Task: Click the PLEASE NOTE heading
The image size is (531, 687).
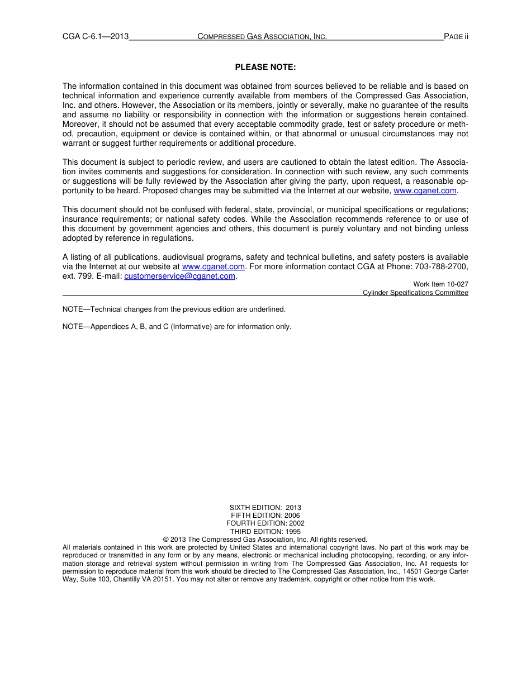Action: [265, 67]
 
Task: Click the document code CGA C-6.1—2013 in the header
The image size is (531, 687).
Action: [96, 37]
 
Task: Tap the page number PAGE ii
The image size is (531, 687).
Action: [456, 37]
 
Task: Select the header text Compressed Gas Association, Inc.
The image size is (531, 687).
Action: [262, 37]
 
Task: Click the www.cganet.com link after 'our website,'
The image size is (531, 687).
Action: [425, 190]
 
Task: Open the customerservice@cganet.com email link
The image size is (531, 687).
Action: [179, 276]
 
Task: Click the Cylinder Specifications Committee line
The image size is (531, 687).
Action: [415, 293]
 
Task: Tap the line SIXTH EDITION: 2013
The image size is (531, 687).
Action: [265, 508]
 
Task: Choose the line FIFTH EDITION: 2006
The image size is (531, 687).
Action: [265, 516]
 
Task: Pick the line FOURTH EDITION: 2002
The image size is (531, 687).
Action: [265, 523]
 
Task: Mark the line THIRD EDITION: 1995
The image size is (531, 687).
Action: [265, 532]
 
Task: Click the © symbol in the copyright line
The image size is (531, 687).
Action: [166, 540]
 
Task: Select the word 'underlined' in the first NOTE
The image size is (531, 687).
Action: [268, 309]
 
